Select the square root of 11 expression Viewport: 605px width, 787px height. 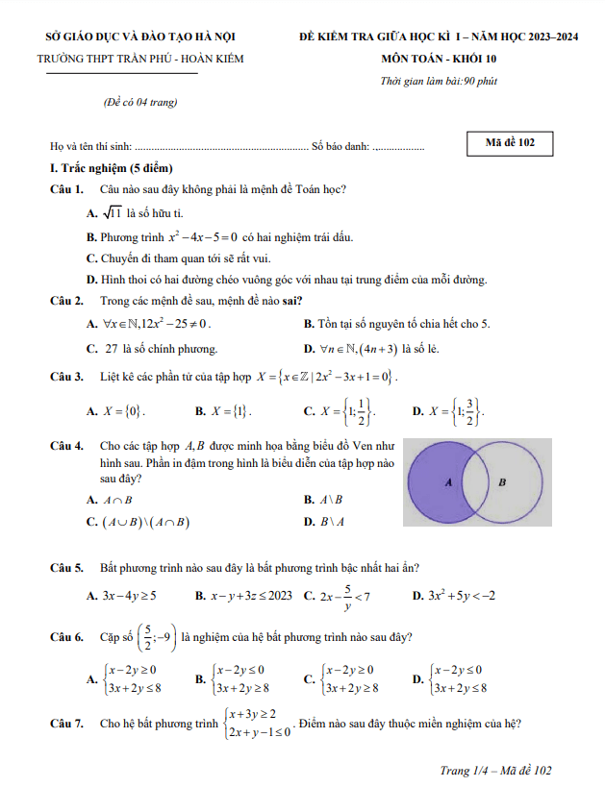tap(111, 212)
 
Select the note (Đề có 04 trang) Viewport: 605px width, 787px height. tap(139, 102)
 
